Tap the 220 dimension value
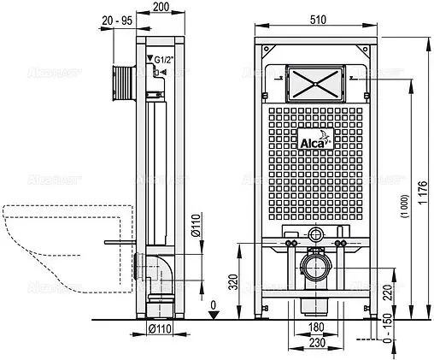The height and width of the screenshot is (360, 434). tap(390, 292)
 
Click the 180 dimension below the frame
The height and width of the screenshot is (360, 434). tap(316, 328)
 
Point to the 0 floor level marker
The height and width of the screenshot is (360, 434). tap(213, 304)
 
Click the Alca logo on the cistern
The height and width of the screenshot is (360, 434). tap(315, 141)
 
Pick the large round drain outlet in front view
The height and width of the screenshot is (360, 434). tap(315, 267)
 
